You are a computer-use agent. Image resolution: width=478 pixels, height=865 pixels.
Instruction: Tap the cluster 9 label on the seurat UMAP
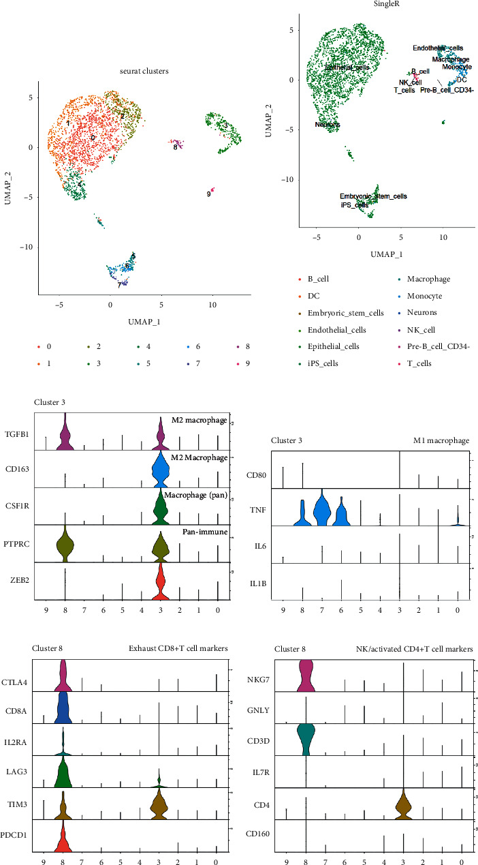[208, 194]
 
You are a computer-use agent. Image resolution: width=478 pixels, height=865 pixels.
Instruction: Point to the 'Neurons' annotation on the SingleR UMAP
[328, 125]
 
